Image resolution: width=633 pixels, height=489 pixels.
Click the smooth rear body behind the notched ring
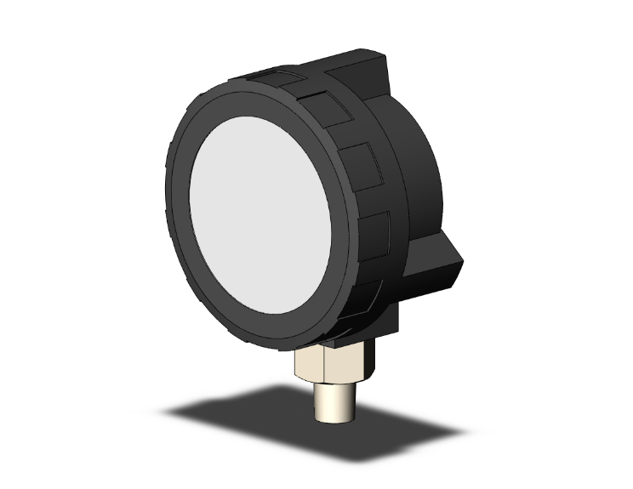[x=417, y=170]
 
